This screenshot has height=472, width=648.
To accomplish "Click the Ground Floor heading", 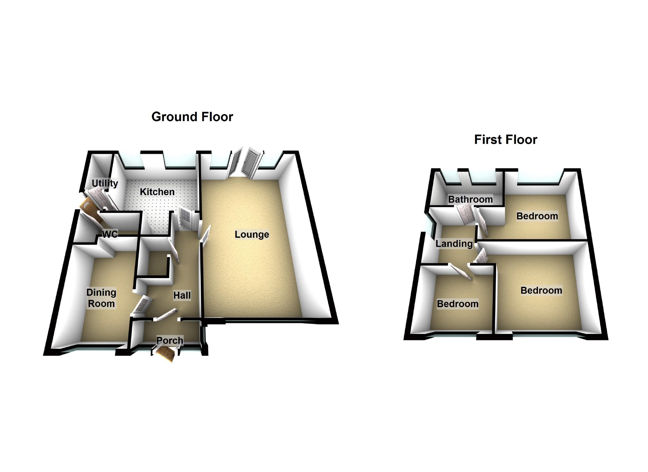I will pos(192,117).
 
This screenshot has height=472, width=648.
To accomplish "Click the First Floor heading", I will pos(505,140).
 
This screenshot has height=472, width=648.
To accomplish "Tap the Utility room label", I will pos(105,183).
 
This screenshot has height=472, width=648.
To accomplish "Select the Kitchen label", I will pos(157,192).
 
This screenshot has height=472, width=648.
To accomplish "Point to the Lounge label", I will pos(252,235).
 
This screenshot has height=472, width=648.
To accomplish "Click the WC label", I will pos(110,234).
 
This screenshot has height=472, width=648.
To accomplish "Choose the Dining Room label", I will pos(101,298).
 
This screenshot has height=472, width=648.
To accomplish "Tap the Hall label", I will pos(182,295).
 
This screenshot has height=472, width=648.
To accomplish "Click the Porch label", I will pos(170,340).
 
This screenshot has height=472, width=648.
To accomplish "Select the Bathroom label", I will pos(470,199).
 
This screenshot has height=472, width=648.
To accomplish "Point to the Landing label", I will pos(454,244).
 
